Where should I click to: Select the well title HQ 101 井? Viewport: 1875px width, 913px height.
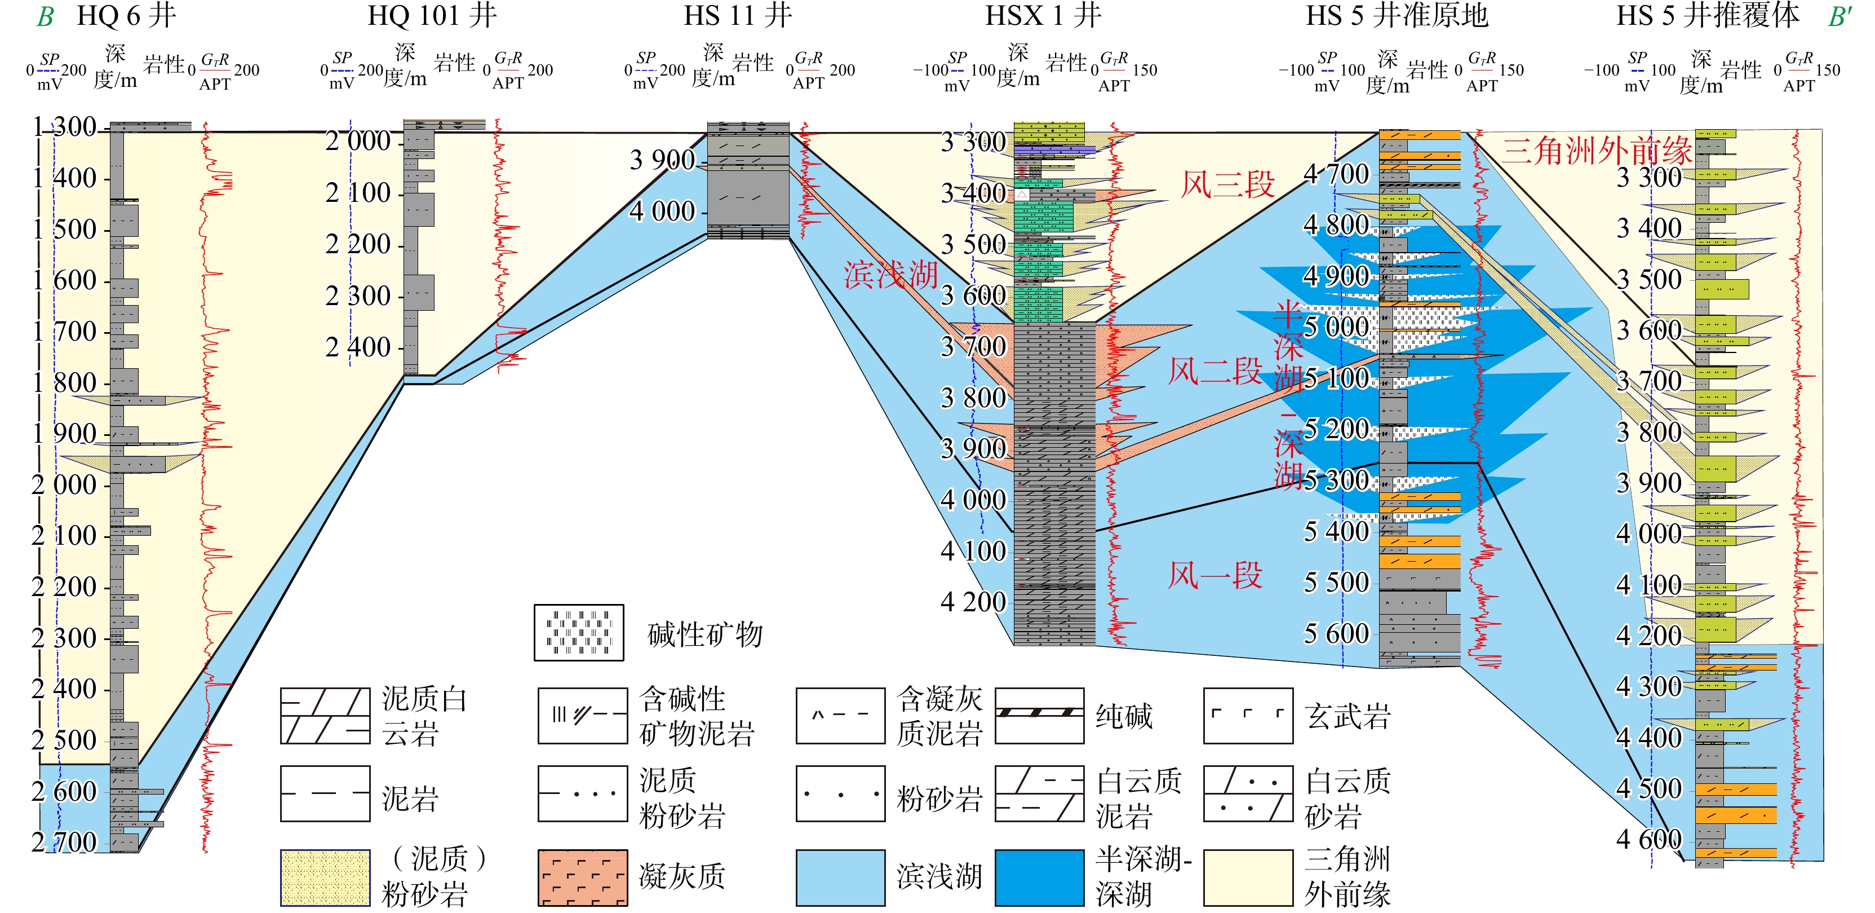[432, 15]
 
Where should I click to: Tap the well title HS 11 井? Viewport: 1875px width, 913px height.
[737, 15]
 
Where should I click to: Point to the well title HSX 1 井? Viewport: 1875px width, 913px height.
[1043, 15]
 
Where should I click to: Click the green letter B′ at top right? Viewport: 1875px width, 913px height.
[1839, 16]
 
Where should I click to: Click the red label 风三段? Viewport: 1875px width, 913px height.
[1227, 184]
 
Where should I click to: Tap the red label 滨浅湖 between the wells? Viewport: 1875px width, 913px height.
[890, 275]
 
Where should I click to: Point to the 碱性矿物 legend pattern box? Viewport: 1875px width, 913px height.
[579, 633]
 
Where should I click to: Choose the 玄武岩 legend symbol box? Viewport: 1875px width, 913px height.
[1248, 716]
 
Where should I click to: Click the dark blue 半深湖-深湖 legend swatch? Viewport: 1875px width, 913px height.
[1039, 877]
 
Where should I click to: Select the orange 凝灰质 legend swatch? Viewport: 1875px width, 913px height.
[582, 877]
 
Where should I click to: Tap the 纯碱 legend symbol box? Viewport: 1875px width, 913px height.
[1039, 716]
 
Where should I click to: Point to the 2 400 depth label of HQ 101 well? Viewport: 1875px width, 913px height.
[358, 347]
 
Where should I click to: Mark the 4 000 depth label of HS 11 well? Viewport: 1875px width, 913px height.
[662, 211]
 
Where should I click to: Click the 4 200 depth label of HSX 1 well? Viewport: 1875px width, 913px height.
[973, 601]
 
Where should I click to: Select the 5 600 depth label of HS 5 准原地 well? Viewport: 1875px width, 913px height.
[1336, 633]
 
